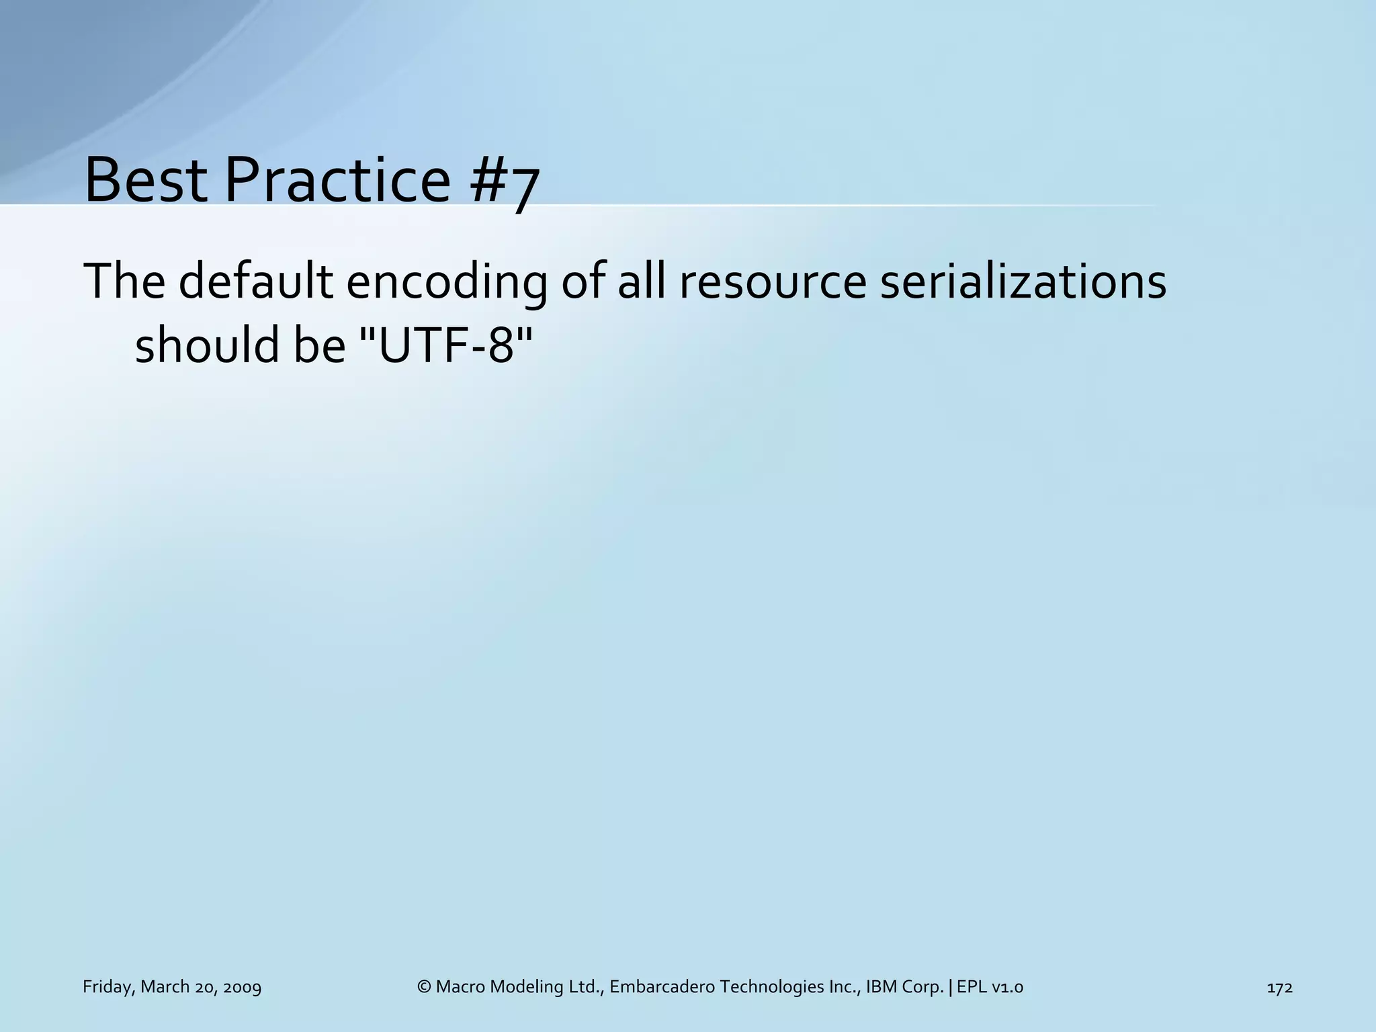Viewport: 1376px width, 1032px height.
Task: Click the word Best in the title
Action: tap(146, 180)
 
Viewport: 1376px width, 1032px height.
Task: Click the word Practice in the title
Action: tap(337, 180)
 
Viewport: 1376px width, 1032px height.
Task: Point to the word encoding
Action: tap(446, 282)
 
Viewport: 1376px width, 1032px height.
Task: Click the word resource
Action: tap(773, 282)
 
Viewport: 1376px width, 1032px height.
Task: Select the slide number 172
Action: tap(1279, 987)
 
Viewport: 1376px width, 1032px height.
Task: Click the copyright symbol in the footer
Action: tap(424, 987)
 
